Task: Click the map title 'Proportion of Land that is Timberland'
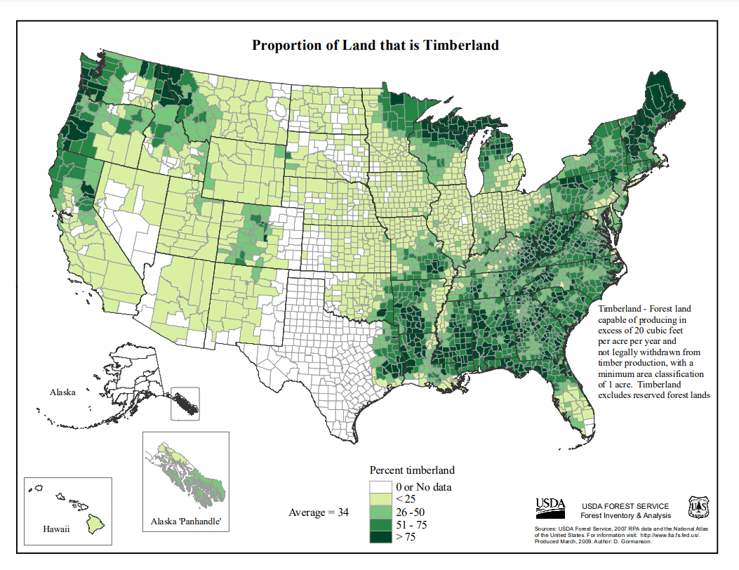(x=375, y=46)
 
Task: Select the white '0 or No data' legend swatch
(x=381, y=486)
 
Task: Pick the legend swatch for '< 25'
(x=381, y=499)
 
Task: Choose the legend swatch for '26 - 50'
(x=381, y=512)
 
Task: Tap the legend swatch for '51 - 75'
(x=381, y=524)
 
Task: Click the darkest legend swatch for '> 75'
(x=381, y=537)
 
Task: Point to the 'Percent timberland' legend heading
(x=412, y=470)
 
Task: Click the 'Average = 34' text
(x=319, y=512)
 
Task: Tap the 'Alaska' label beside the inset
(x=62, y=392)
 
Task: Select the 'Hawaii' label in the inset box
(x=56, y=529)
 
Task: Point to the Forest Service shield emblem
(x=698, y=505)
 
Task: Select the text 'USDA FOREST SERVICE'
(x=625, y=506)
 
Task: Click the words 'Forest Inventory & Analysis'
(x=625, y=516)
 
